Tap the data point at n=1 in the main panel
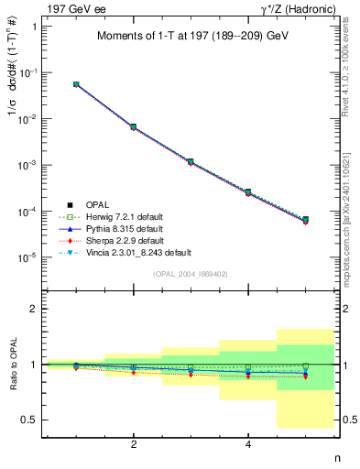coord(76,84)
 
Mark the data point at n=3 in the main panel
coord(191,161)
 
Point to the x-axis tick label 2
coord(134,444)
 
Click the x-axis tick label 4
coord(248,444)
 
